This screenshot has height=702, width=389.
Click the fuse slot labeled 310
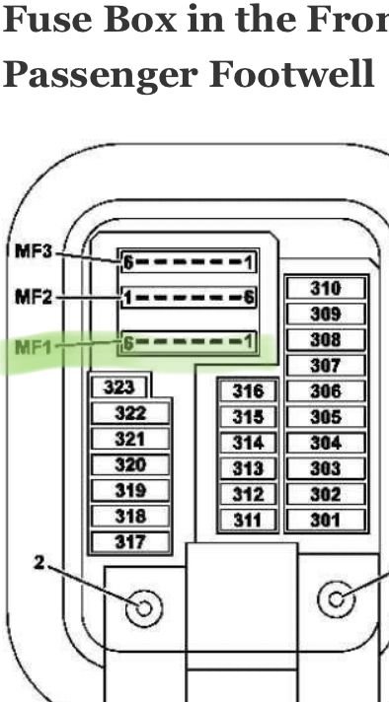(x=325, y=288)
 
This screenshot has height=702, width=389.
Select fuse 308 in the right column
(x=325, y=340)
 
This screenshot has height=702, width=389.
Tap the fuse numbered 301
(x=325, y=520)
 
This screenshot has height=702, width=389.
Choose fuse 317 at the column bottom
(x=129, y=541)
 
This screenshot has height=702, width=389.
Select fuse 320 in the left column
(x=129, y=464)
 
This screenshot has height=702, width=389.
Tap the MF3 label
(x=34, y=251)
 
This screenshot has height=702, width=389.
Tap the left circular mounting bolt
(x=144, y=606)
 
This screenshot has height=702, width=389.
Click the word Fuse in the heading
(x=50, y=20)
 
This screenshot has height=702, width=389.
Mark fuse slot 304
(x=325, y=443)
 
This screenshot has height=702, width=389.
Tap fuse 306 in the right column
(x=325, y=391)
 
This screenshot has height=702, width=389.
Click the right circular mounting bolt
(x=338, y=597)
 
